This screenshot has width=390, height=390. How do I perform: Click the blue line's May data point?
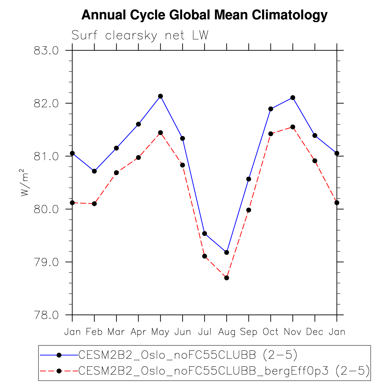pos(160,96)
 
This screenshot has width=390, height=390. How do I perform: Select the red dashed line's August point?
pos(227,278)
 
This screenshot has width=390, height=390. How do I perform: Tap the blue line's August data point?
pos(227,252)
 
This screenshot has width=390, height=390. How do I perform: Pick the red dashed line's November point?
pos(293,127)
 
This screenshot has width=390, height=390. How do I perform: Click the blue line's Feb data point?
pos(94,171)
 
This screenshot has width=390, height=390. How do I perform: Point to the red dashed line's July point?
pos(205,256)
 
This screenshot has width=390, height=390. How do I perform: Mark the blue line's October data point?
pos(271,109)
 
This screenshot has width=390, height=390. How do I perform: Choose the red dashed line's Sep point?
pos(249,210)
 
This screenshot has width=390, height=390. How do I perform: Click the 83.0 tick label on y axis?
pos(46,51)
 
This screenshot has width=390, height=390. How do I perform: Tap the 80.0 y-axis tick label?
pos(46,209)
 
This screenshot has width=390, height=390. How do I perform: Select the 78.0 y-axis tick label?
pos(46,315)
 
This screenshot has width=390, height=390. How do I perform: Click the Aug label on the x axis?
pos(227,332)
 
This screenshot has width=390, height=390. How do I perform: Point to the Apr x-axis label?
pos(138,332)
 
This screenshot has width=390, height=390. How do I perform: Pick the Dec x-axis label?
pos(314,332)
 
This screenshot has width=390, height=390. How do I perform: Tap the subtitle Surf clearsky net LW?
pos(140,35)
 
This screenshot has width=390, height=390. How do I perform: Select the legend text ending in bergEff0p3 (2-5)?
pos(224,371)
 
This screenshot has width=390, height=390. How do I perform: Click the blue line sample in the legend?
pos(59,355)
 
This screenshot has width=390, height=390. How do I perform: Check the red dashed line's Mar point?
pos(116,173)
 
